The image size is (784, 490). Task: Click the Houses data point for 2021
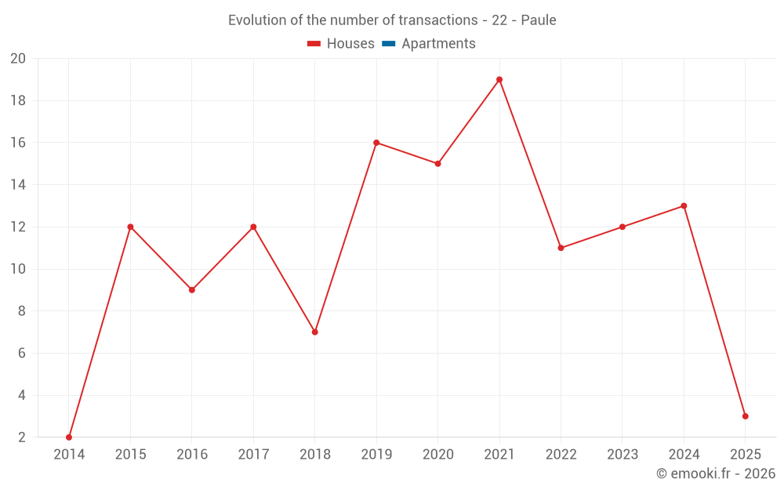coord(499,79)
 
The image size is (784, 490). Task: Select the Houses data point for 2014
coord(69,437)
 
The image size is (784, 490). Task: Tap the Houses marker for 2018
coord(315,332)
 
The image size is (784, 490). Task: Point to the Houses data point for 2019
coord(376,143)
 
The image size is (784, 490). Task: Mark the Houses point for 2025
coord(746,416)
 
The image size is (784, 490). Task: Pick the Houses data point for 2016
coord(192,290)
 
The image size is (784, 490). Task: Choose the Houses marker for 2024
coord(684,206)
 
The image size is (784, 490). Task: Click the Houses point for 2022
coord(561,248)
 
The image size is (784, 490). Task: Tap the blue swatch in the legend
coord(388,44)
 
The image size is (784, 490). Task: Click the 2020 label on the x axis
coord(437,455)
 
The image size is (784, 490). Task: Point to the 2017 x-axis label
coord(253,455)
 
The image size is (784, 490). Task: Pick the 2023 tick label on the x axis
coord(622,455)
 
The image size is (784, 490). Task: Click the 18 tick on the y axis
coord(18,100)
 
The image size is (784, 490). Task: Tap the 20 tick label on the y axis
coord(18,58)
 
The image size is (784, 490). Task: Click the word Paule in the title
coord(539,20)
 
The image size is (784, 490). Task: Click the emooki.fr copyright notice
coord(716,474)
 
